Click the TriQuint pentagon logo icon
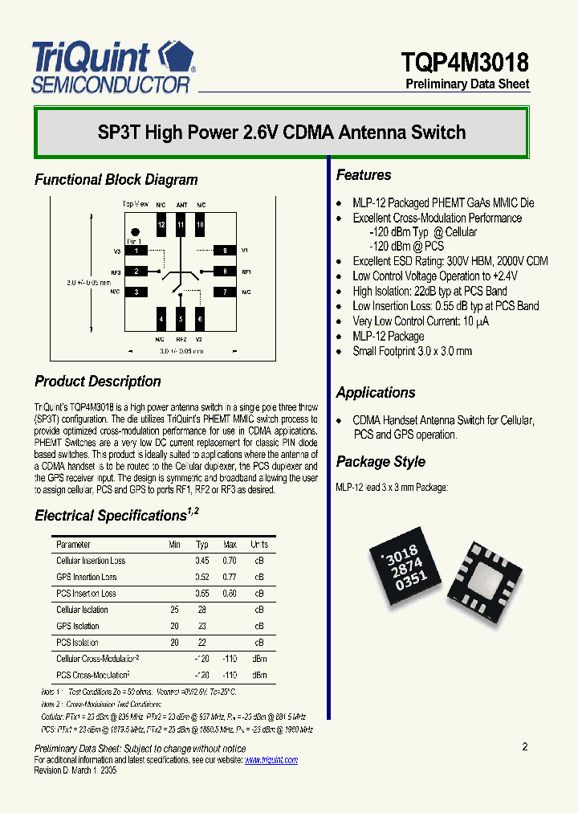pos(176,59)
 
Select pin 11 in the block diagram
pos(181,225)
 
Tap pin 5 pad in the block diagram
pos(181,320)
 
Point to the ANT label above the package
pos(181,205)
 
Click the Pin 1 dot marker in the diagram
pos(135,232)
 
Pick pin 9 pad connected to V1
pos(224,251)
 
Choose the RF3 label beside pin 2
pos(116,272)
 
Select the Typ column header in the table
pos(202,545)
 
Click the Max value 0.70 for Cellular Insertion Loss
pos(230,561)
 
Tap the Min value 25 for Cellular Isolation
pos(174,610)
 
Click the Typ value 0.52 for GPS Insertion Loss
pos(202,577)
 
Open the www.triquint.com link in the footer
pos(271,760)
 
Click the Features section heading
pos(364,175)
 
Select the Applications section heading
pos(376,393)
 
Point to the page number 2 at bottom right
pos(525,747)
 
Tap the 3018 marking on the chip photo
pos(401,554)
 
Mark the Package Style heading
pos(381,462)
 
